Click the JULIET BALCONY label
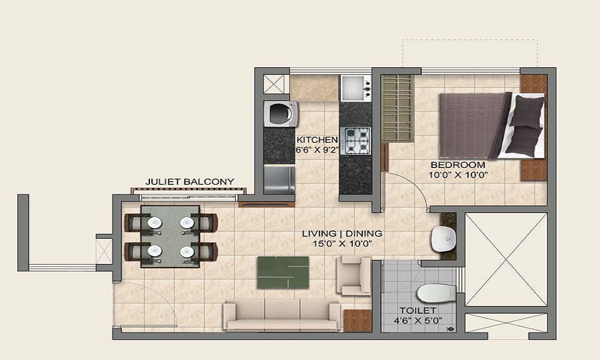[x=190, y=182]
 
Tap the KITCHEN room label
[x=317, y=140]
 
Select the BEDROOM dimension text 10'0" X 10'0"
[x=458, y=175]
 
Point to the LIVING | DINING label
[x=342, y=233]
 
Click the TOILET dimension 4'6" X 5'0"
[x=418, y=320]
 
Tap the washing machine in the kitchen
[x=281, y=114]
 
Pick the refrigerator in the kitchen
[x=280, y=180]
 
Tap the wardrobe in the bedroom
[x=398, y=108]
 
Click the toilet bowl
[x=436, y=293]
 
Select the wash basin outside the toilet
[x=444, y=239]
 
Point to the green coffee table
[x=283, y=272]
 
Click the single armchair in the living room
[x=353, y=275]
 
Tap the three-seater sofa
[x=282, y=315]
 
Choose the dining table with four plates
[x=170, y=236]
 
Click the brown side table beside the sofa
[x=358, y=320]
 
